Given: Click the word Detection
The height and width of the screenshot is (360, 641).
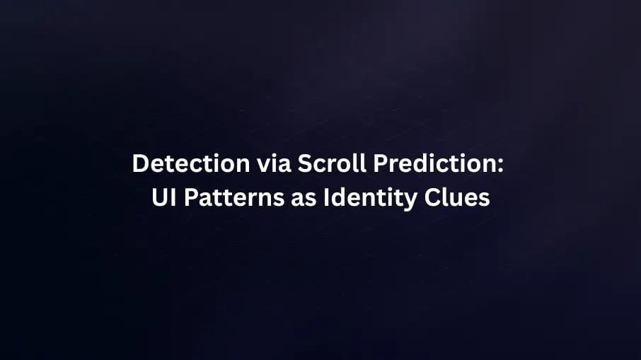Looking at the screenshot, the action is coord(191,163).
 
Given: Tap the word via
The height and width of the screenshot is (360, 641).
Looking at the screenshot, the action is coord(274,163).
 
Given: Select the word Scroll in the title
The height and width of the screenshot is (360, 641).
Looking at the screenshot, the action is coord(332,163).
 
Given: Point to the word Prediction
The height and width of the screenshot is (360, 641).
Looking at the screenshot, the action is coord(435,163).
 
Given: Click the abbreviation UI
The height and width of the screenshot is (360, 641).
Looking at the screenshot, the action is coord(164,197).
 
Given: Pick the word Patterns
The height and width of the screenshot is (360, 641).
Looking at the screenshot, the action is coord(234,198).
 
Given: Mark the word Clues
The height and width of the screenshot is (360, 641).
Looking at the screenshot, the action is coord(457,198).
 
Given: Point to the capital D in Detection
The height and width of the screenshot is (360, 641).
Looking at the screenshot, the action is coord(140,163).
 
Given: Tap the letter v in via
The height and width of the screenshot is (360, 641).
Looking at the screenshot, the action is coord(264,166).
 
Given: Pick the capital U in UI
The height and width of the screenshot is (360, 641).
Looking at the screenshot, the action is coord(159,198).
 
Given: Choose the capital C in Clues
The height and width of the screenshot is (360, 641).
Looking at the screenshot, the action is coord(432,198).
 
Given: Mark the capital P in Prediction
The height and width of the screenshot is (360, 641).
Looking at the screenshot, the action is coord(381,163).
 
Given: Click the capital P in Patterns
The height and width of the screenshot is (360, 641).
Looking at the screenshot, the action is coord(191,198).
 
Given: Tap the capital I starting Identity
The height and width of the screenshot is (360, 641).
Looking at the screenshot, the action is coord(326,198).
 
